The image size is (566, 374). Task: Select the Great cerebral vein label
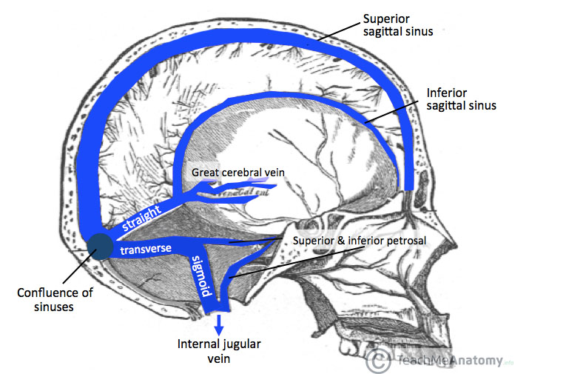(238, 173)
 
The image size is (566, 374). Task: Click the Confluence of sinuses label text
(55, 298)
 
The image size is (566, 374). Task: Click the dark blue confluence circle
(101, 247)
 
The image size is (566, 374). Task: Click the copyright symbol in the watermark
(379, 361)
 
